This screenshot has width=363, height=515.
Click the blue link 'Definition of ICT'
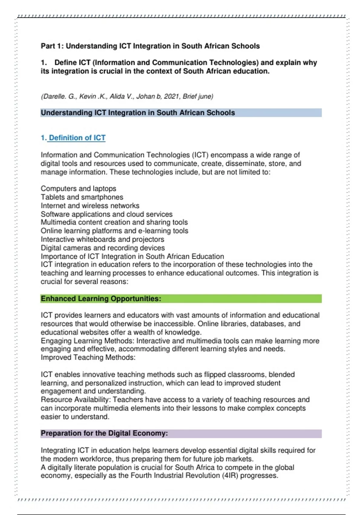click(77, 138)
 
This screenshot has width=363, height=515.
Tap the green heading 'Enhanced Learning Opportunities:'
click(101, 299)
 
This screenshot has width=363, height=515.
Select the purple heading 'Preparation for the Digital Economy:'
click(104, 433)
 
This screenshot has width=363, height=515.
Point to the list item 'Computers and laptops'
click(78, 188)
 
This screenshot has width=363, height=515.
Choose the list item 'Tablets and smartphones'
click(82, 197)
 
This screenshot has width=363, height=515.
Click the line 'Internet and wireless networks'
click(90, 205)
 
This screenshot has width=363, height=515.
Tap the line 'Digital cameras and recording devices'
click(103, 248)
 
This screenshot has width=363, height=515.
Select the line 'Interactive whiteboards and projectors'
click(102, 239)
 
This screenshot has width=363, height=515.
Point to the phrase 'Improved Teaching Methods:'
click(88, 357)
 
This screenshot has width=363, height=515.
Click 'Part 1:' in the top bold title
click(52, 46)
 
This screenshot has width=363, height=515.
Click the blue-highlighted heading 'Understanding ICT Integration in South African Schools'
click(138, 113)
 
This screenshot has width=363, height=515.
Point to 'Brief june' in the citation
click(197, 96)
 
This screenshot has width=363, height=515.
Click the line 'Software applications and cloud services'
click(106, 214)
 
